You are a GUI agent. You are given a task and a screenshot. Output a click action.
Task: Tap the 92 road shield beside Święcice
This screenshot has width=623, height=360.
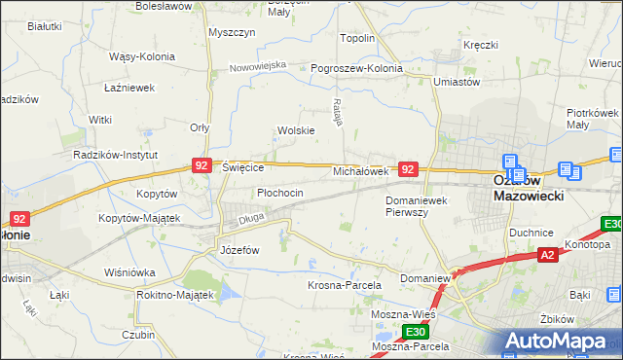click(202, 166)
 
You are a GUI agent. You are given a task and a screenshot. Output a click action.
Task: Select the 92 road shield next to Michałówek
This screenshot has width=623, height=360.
click(409, 169)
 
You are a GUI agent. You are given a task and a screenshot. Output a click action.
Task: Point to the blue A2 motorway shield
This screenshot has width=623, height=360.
click(548, 255)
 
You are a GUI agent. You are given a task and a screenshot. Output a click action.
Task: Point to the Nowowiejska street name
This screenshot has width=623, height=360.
click(258, 66)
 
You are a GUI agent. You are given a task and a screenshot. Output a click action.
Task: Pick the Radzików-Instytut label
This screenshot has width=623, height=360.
click(116, 154)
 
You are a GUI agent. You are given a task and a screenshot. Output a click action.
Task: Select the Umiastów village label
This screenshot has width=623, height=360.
click(458, 83)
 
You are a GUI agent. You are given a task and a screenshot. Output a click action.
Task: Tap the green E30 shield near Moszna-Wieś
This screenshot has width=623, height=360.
click(418, 333)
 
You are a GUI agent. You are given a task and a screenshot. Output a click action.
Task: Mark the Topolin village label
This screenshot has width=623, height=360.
click(356, 38)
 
